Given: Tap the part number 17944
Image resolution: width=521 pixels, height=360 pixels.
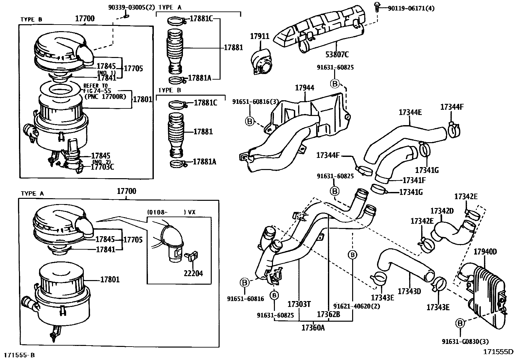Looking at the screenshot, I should pyautogui.click(x=304, y=88).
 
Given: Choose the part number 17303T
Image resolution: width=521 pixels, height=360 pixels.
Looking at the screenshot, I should pyautogui.click(x=299, y=304).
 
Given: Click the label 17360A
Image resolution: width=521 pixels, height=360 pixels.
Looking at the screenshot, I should pyautogui.click(x=313, y=327).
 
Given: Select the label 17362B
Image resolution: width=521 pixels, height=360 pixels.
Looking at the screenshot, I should pyautogui.click(x=329, y=314).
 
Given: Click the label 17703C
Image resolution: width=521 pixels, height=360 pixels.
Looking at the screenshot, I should pyautogui.click(x=102, y=167).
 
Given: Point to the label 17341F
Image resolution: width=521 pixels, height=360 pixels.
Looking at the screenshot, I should pyautogui.click(x=414, y=180).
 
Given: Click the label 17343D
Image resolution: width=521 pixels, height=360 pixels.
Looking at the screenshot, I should pyautogui.click(x=409, y=291).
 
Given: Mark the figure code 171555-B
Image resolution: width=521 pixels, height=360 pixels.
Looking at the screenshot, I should pyautogui.click(x=19, y=355).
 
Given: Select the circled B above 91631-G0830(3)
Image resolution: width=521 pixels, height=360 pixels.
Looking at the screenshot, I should pyautogui.click(x=460, y=323).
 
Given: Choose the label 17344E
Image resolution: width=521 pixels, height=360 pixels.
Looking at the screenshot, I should pyautogui.click(x=410, y=112).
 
